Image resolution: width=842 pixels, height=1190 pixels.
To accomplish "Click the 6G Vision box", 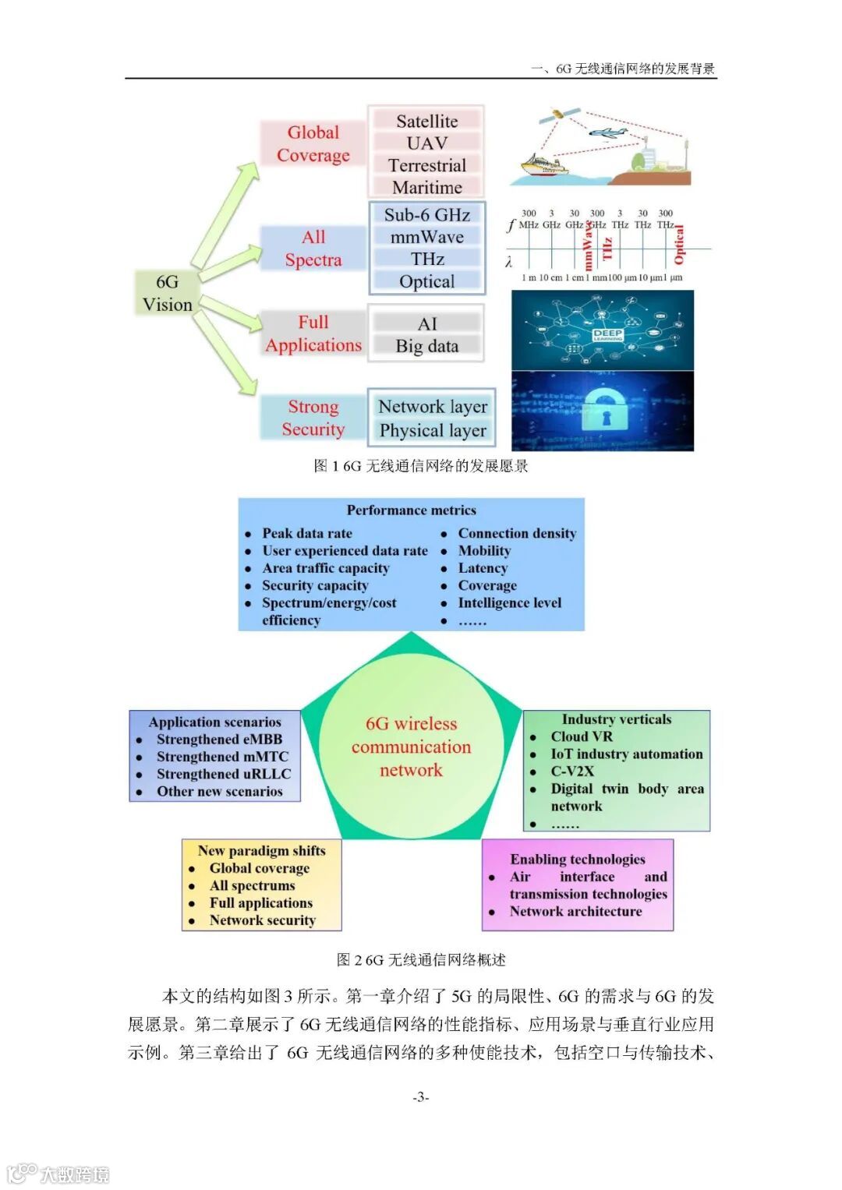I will [x=167, y=293].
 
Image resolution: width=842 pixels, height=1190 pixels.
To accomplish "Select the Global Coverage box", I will [x=313, y=143].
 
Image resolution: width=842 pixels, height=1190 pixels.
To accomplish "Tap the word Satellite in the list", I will [x=426, y=121].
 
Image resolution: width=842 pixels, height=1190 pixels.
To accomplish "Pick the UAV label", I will [x=426, y=143].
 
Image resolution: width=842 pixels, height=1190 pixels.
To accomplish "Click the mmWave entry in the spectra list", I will [x=426, y=237].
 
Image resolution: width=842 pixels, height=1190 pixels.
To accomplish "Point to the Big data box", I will [x=426, y=346].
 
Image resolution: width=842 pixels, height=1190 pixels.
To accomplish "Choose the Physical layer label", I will [x=432, y=430].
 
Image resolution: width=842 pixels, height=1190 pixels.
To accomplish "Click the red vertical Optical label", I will [x=678, y=244].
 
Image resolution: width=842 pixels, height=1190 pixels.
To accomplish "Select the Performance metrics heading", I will [x=411, y=510].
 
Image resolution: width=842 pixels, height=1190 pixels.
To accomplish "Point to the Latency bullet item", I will [x=483, y=568].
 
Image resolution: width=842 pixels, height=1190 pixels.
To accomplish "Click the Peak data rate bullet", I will [x=307, y=533].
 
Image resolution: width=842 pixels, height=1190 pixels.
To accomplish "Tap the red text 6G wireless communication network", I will [x=411, y=747].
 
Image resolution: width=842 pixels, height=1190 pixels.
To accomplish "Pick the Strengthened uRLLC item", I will [x=224, y=774].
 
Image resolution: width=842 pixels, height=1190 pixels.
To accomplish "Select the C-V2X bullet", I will [x=572, y=771].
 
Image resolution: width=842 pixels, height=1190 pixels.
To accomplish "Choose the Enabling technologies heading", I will [x=578, y=859].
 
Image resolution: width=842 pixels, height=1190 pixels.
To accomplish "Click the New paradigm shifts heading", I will [x=261, y=850].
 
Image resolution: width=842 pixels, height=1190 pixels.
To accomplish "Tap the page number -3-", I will [x=420, y=1097].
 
